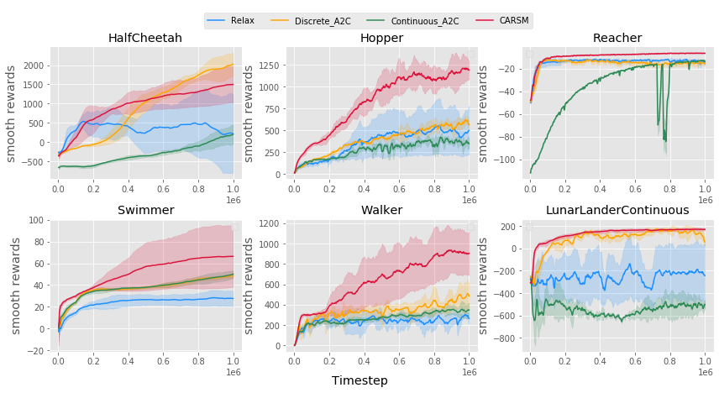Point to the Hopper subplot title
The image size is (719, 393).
click(381, 39)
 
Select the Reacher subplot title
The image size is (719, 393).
click(617, 39)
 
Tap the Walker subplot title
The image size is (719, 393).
click(381, 210)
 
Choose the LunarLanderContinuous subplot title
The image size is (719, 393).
click(617, 210)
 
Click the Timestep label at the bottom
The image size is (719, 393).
click(359, 381)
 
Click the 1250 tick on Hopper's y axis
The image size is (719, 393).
click(270, 64)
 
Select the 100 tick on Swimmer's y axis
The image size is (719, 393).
click(37, 220)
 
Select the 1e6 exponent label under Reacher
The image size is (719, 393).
click(705, 201)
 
